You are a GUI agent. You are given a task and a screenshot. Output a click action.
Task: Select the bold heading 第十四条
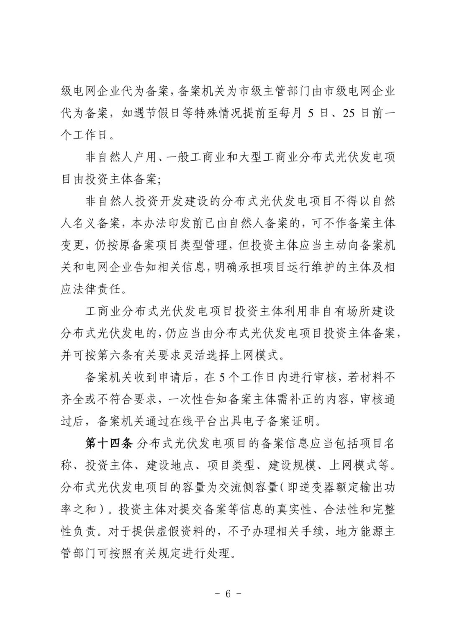point(108,444)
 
